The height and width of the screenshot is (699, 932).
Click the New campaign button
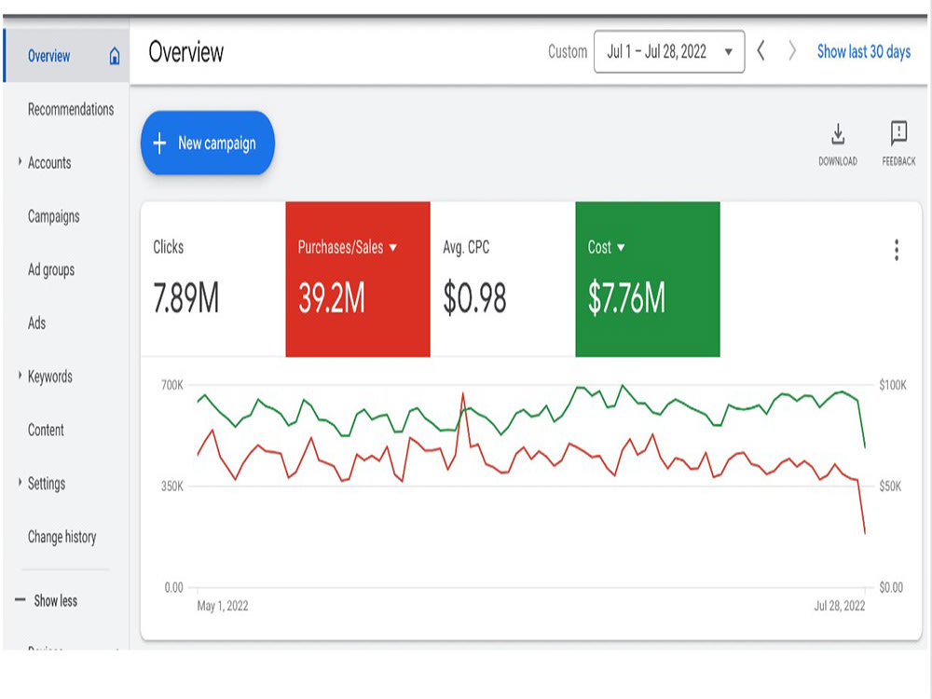[x=208, y=143]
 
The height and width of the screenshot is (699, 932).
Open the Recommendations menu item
[x=71, y=109]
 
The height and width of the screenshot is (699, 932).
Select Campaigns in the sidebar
[x=53, y=216]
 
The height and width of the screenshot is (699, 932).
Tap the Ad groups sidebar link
[x=51, y=270]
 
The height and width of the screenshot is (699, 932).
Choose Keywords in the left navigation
[x=50, y=377]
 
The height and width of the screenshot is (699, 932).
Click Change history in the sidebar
[x=62, y=538]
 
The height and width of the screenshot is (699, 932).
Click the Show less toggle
[x=55, y=601]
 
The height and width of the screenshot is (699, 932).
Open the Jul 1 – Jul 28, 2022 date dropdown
[x=669, y=51]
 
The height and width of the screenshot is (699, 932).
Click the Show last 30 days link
[x=864, y=52]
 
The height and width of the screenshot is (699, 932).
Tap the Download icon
[x=838, y=134]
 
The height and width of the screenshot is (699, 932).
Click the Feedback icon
[x=898, y=133]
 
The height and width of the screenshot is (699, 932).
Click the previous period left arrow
[x=761, y=50]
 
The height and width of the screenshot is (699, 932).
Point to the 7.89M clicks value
[x=186, y=298]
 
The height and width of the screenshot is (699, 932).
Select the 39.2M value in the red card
[x=332, y=298]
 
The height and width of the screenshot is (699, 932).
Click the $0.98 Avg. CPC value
[x=474, y=298]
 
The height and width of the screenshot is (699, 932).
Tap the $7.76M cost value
[x=626, y=298]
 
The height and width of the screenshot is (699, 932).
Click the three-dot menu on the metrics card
[x=897, y=250]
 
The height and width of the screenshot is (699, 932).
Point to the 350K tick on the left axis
[x=172, y=487]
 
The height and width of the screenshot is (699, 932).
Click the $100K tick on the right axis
[x=893, y=385]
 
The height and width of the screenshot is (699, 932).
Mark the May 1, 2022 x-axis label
[x=223, y=606]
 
